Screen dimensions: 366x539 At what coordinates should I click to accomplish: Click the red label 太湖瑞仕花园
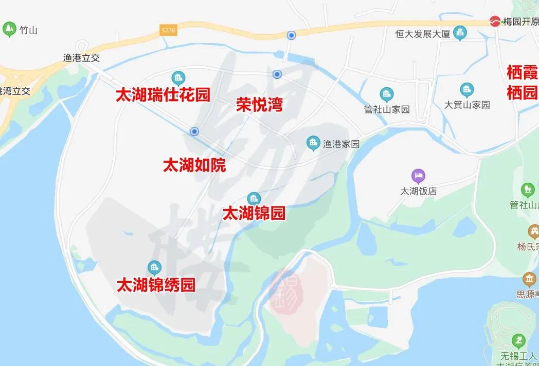click(163, 95)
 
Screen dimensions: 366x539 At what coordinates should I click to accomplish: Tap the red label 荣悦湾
click(259, 105)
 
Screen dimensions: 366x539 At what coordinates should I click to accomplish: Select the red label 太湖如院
click(194, 165)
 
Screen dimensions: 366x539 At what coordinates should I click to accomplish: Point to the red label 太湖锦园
click(254, 213)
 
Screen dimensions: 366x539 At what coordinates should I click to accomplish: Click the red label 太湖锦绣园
click(156, 285)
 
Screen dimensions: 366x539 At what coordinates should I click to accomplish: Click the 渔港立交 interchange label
click(81, 58)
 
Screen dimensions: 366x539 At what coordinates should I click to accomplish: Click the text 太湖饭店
click(419, 191)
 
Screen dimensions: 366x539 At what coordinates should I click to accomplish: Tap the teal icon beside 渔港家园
click(313, 143)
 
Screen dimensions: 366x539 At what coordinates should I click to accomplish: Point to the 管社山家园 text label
click(387, 109)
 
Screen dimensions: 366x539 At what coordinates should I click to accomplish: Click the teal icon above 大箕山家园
click(467, 90)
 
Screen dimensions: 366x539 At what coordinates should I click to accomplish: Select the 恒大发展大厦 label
click(423, 34)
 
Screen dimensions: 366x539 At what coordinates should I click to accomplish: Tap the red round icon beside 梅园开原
click(495, 22)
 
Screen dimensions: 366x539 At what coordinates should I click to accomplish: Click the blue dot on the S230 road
click(291, 35)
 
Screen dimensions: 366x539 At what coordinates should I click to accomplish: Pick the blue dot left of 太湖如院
click(194, 131)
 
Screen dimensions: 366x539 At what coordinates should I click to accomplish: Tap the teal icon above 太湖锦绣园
click(154, 267)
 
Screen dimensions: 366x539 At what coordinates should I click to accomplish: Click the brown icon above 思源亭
click(529, 279)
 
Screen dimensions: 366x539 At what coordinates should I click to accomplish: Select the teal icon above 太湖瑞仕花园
click(178, 78)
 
